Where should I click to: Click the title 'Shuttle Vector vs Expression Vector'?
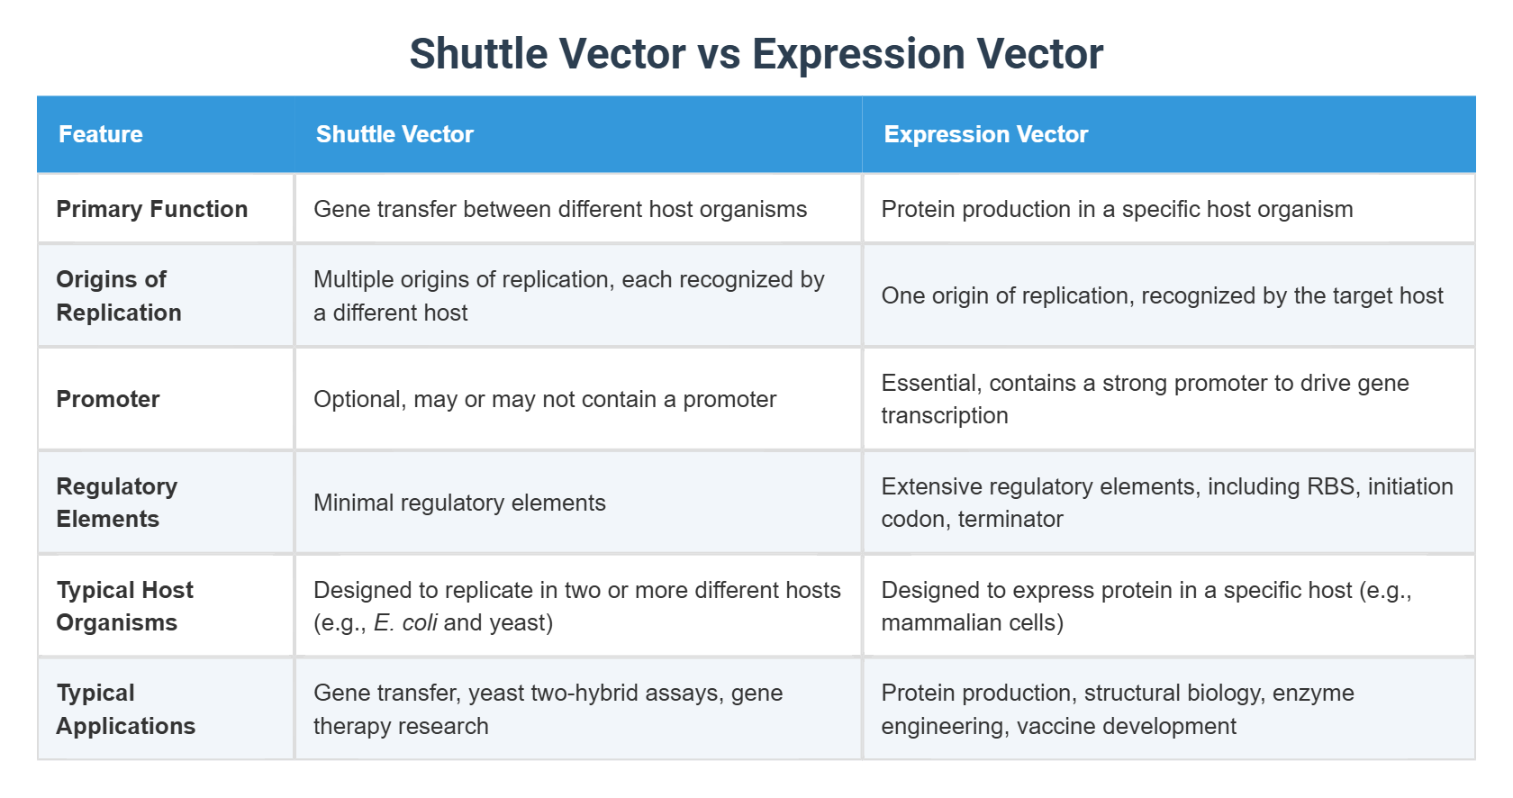[756, 54]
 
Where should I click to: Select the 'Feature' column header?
[101, 134]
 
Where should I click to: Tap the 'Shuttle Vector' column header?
[394, 134]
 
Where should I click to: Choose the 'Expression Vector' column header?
[985, 134]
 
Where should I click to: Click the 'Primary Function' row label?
[151, 209]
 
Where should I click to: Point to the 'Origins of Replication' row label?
[119, 295]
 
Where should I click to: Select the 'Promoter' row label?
[108, 399]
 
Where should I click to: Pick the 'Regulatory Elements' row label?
[117, 503]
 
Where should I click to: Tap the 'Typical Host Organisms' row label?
[124, 606]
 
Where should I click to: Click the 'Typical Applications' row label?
[125, 710]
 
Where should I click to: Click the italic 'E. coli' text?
[405, 623]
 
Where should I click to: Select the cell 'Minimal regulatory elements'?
[459, 503]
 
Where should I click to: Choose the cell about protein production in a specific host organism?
[1117, 209]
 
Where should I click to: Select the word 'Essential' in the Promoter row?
[931, 383]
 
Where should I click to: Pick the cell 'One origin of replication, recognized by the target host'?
[1162, 295]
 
